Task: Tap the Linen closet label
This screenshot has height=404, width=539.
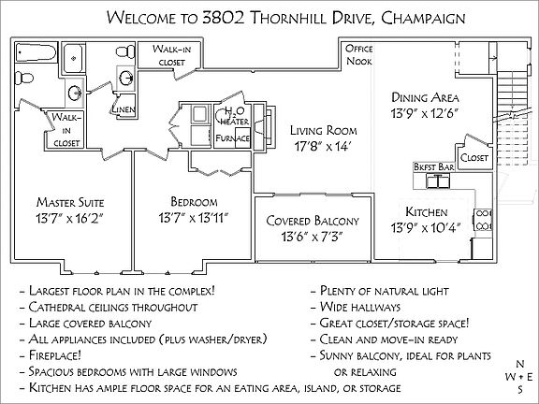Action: (124, 108)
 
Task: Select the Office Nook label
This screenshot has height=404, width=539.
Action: (359, 52)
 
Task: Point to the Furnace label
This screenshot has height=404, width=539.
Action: (233, 137)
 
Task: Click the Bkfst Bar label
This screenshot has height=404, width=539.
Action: (433, 166)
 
